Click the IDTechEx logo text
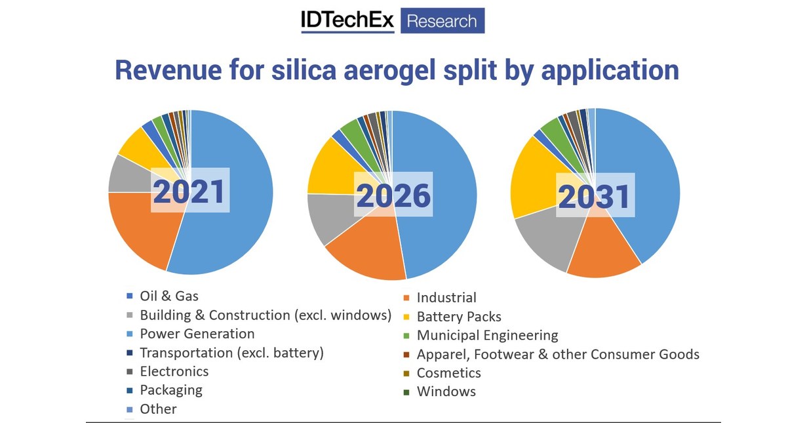click(347, 21)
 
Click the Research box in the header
click(442, 21)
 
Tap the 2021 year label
click(189, 191)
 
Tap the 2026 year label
click(393, 195)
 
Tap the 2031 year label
click(595, 195)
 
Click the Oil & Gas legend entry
click(169, 296)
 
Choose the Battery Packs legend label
click(459, 317)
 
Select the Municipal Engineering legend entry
click(487, 335)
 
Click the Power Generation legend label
click(197, 334)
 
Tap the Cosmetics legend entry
click(448, 373)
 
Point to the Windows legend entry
click(446, 392)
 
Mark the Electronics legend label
click(174, 371)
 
